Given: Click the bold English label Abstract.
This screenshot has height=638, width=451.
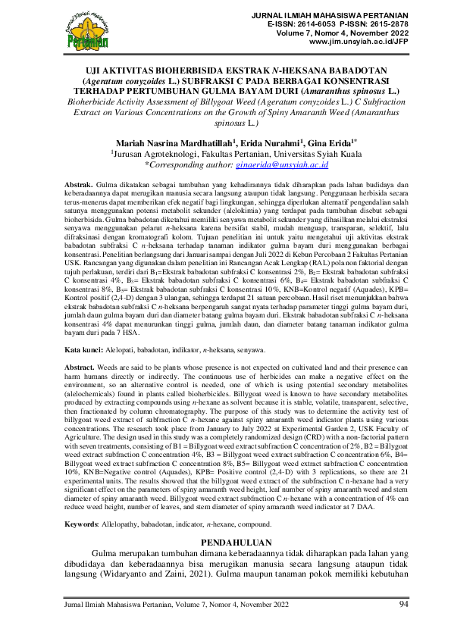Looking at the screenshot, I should point(80,366).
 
